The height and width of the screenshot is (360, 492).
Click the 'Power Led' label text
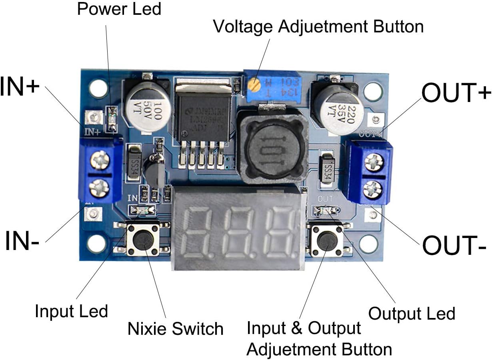pyautogui.click(x=119, y=9)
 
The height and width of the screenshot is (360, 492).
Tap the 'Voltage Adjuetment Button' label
pyautogui.click(x=318, y=27)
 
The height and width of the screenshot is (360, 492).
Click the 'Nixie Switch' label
pyautogui.click(x=175, y=329)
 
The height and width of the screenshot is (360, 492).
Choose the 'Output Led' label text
pyautogui.click(x=412, y=314)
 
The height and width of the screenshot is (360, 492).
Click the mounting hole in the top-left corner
pyautogui.click(x=98, y=88)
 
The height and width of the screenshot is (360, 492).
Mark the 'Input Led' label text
pyautogui.click(x=71, y=311)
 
